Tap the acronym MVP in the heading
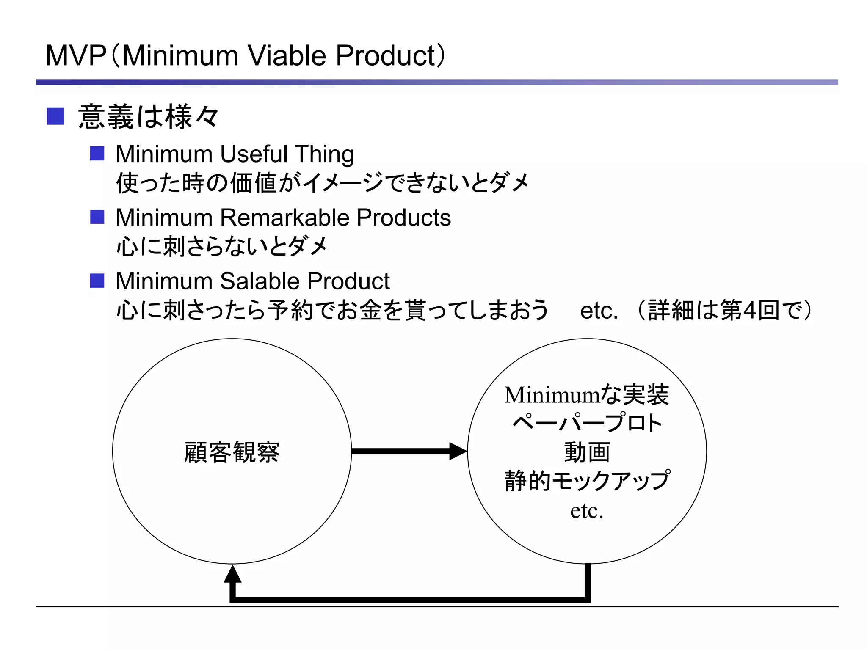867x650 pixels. coord(75,56)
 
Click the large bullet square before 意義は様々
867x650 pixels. coord(55,116)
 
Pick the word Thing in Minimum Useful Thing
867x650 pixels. coord(324,154)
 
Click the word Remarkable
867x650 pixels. coord(284,218)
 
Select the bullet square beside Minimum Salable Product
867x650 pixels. coord(97,281)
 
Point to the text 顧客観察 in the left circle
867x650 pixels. coord(232,452)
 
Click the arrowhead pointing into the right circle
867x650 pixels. coord(458,451)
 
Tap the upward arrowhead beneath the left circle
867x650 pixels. coord(232,574)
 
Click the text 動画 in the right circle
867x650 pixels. coord(587,452)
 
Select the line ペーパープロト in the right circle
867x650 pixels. coord(587,423)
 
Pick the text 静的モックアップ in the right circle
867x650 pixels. coord(587,481)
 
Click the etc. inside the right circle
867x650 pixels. coord(587,510)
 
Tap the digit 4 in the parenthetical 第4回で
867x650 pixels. coord(749,311)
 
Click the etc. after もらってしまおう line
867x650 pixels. coord(599,311)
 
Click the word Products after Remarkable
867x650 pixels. coord(403,218)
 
